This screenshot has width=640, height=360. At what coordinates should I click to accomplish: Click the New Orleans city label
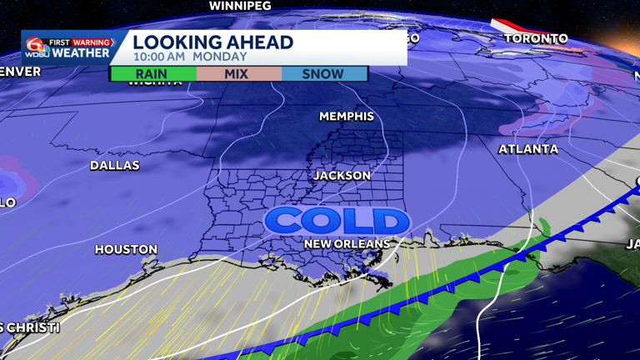click(346, 243)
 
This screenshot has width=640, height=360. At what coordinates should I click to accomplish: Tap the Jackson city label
click(342, 176)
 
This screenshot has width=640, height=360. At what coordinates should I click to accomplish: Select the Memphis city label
click(347, 117)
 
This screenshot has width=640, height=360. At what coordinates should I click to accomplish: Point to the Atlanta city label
click(528, 149)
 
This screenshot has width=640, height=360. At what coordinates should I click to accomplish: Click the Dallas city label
click(115, 166)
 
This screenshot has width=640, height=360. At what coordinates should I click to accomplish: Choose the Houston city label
click(126, 249)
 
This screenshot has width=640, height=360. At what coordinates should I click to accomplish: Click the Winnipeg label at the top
click(240, 6)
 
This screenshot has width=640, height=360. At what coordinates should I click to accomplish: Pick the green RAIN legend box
click(152, 73)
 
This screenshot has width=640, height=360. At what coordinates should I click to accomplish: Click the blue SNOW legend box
click(323, 73)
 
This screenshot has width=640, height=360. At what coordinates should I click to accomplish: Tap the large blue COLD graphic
click(337, 221)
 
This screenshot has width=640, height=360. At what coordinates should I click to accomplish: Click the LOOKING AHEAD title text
click(212, 42)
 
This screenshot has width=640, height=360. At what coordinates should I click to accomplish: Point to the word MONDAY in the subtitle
click(220, 57)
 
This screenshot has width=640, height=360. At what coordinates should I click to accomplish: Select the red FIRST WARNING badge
click(82, 42)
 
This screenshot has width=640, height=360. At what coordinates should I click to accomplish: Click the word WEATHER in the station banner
click(82, 53)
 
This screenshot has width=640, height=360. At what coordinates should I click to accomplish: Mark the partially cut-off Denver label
click(18, 72)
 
